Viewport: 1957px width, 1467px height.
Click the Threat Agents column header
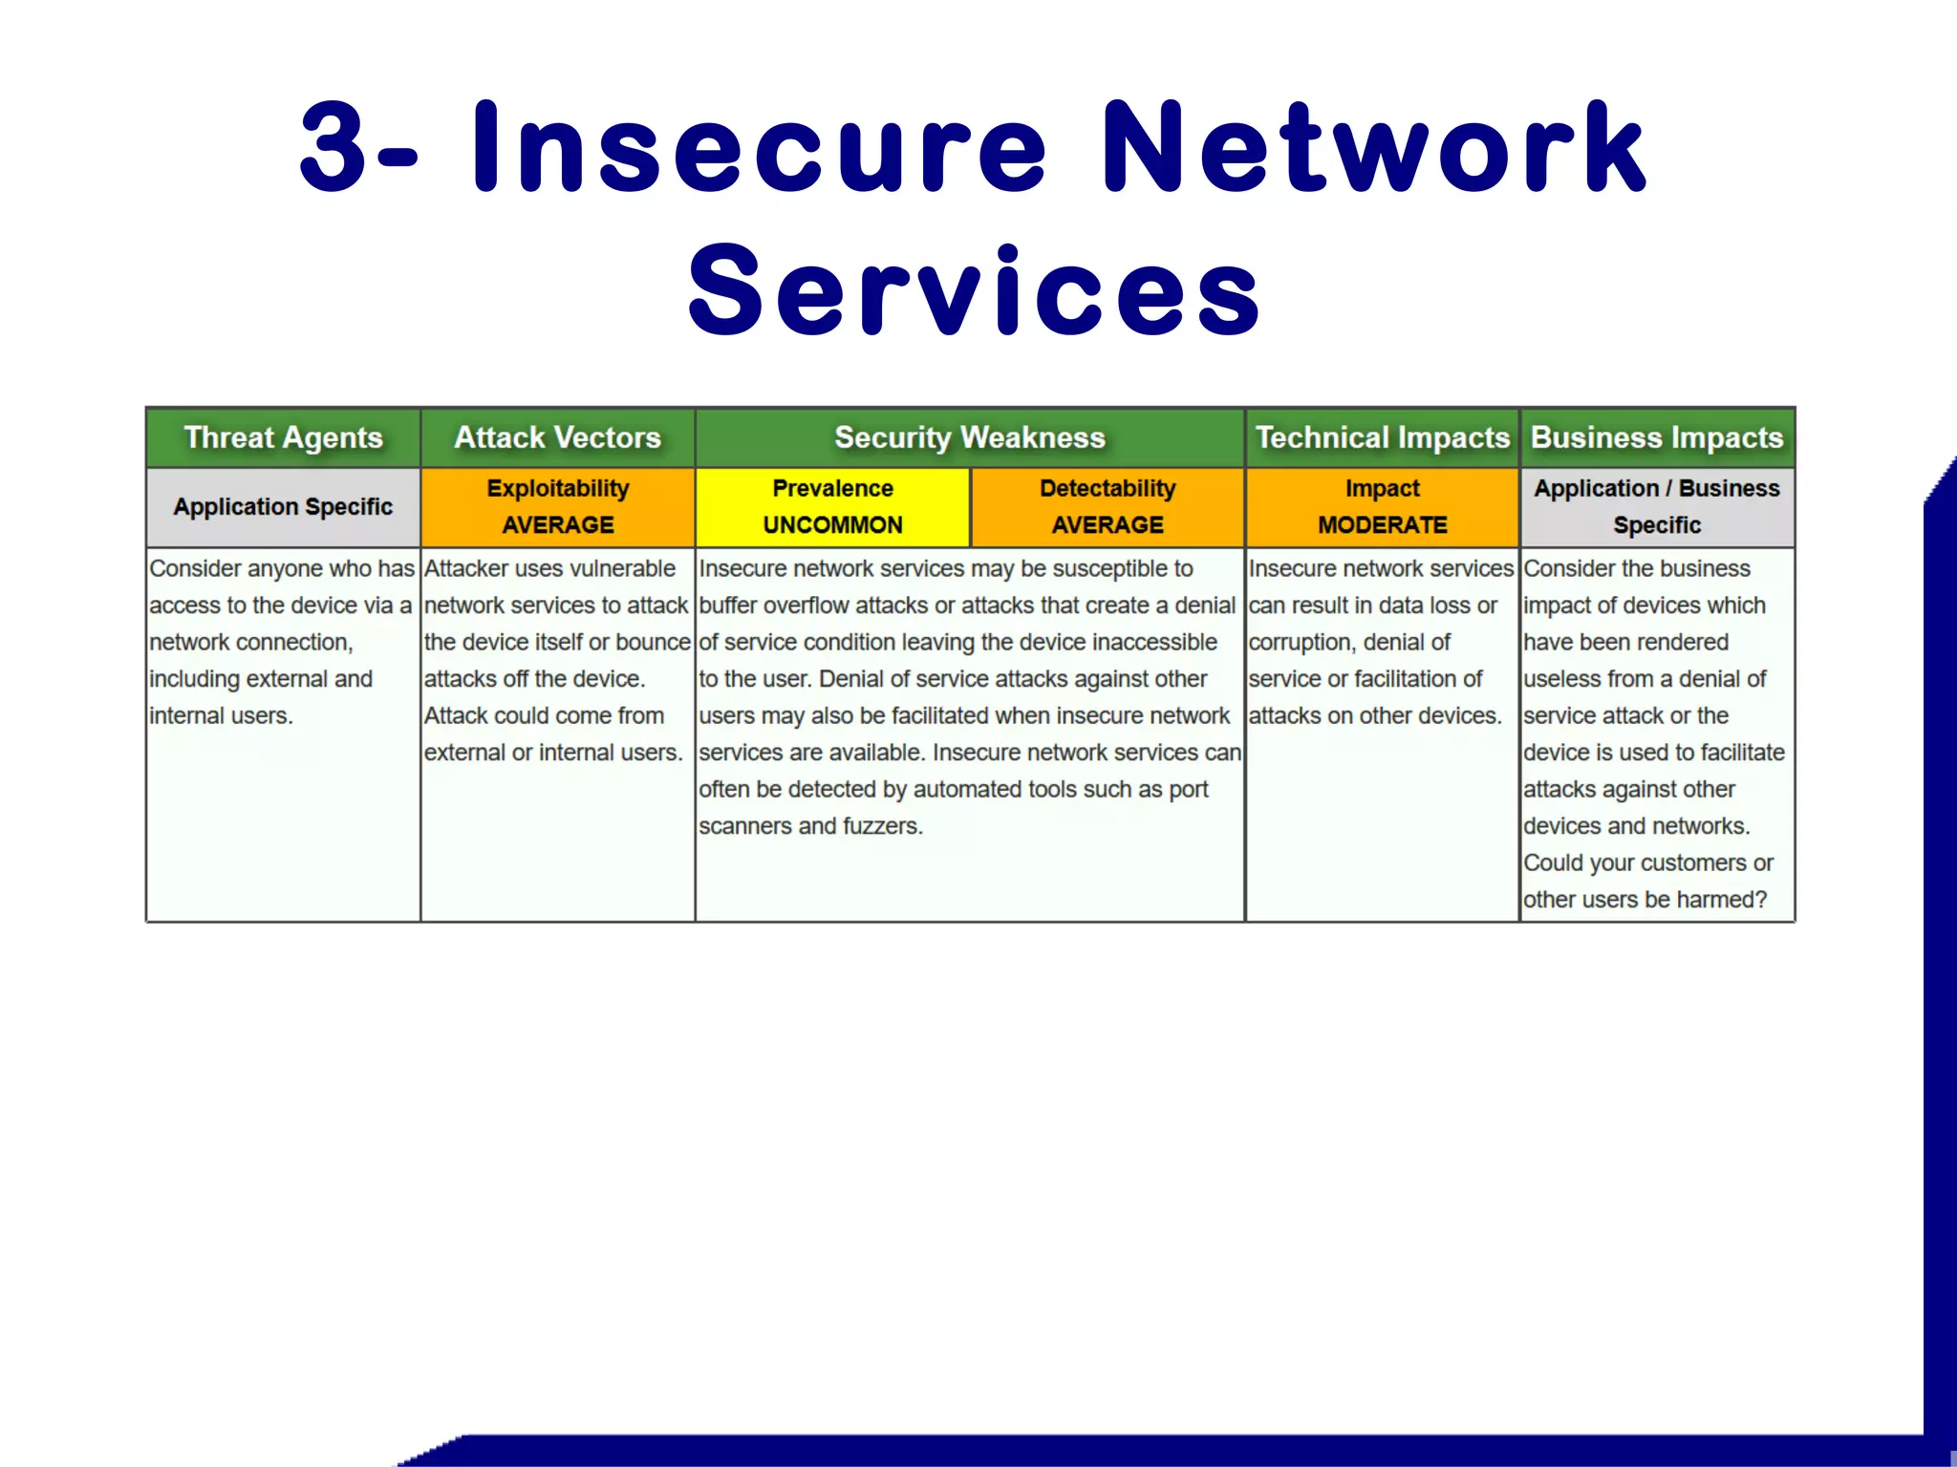click(283, 437)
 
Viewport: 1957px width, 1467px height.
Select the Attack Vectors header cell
click(557, 437)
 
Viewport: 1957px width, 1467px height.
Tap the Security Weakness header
click(969, 437)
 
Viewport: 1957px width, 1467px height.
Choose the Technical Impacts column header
click(1382, 437)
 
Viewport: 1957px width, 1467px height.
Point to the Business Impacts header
click(1657, 437)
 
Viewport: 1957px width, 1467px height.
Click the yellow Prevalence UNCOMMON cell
click(832, 506)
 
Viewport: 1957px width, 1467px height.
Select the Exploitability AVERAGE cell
click(557, 506)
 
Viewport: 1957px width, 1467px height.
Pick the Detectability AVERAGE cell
click(1108, 506)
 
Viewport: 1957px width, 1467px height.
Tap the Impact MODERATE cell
click(1382, 506)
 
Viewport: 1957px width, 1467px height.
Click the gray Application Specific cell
click(283, 506)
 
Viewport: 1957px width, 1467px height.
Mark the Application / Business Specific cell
click(1657, 506)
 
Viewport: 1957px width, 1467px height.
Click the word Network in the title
click(1373, 148)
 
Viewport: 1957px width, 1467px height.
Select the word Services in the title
click(975, 291)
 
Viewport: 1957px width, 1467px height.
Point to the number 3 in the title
click(333, 148)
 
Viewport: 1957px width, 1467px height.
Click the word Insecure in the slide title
click(760, 148)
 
